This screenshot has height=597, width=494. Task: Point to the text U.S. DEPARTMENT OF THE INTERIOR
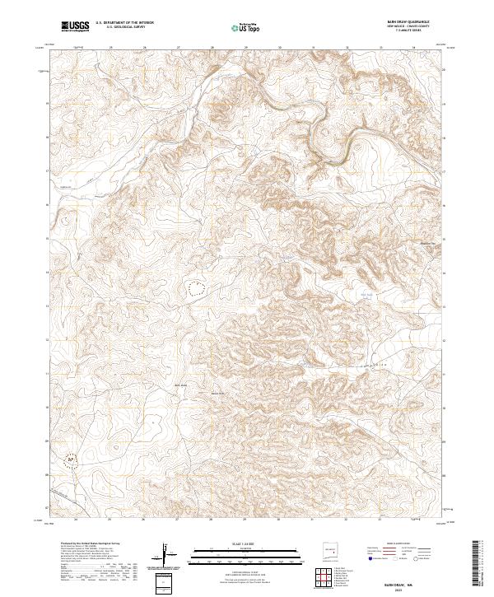(124, 22)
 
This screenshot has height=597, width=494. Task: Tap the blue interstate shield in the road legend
(371, 558)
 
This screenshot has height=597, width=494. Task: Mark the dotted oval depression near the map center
(197, 288)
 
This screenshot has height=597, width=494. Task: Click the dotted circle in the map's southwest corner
(72, 457)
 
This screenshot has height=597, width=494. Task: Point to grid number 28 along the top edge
(212, 48)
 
